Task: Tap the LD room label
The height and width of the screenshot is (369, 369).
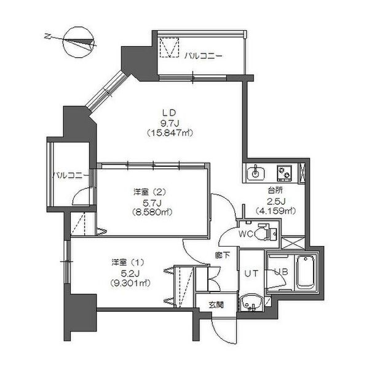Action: [x=170, y=113]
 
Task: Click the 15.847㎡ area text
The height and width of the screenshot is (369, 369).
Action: [x=170, y=133]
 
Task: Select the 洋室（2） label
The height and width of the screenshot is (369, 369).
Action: [x=149, y=192]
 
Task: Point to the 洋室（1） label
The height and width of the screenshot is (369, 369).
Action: [x=128, y=262]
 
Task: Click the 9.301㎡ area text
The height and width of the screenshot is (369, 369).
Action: [x=130, y=283]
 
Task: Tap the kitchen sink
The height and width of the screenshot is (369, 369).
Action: [x=256, y=172]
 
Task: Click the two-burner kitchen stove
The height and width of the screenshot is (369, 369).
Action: [x=284, y=173]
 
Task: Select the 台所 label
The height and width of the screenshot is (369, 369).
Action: [x=275, y=191]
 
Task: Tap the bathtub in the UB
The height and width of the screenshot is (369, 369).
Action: [x=306, y=272]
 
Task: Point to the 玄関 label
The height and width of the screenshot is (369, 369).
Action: [x=216, y=305]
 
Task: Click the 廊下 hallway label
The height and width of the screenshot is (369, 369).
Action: [x=223, y=255]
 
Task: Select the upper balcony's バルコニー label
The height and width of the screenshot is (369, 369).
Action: [x=203, y=56]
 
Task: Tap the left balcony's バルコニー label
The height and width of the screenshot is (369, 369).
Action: [x=71, y=175]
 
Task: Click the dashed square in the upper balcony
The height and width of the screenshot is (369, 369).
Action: [x=170, y=47]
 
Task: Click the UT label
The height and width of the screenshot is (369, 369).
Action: [x=251, y=274]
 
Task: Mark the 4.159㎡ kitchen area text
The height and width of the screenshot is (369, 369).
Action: [x=276, y=210]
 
